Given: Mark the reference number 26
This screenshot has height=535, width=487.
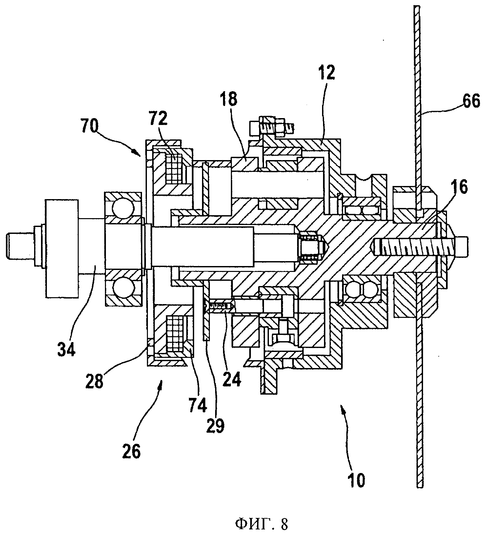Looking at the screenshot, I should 132,451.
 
